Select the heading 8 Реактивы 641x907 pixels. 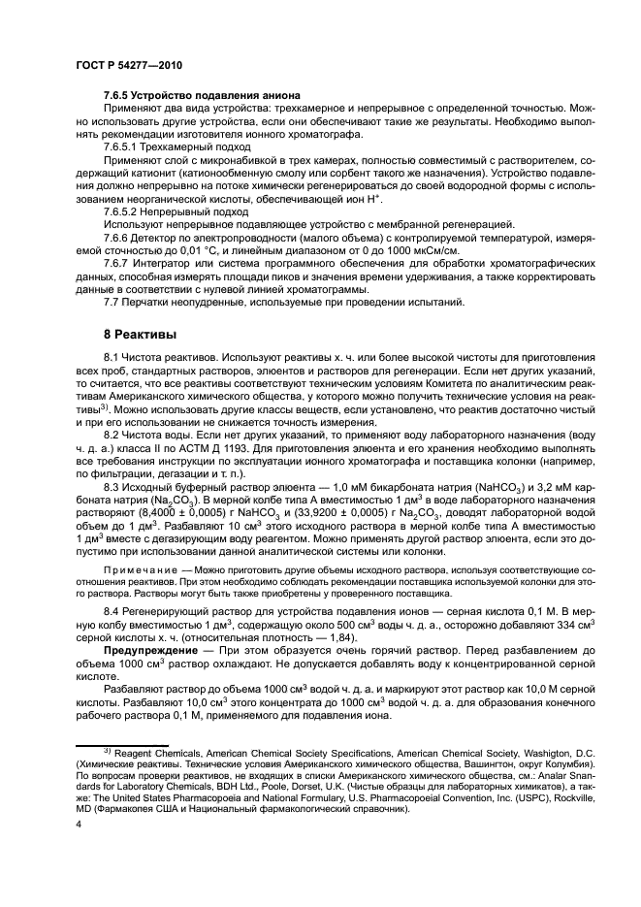pos(140,335)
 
